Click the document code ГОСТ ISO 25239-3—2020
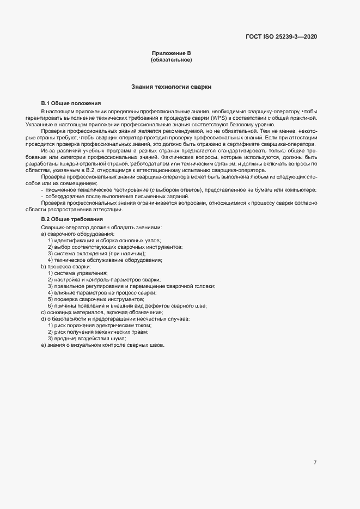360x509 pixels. [281, 36]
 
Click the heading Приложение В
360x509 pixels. [171, 53]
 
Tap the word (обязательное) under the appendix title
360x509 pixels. [171, 60]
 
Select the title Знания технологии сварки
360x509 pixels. [171, 87]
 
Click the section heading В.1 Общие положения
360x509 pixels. [71, 103]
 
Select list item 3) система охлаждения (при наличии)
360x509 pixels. [96, 254]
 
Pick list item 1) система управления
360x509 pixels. [78, 273]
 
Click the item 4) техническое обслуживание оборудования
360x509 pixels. [105, 260]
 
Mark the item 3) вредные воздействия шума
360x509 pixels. [90, 339]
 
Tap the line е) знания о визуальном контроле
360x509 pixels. [102, 345]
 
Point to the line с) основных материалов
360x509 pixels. [102, 312]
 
